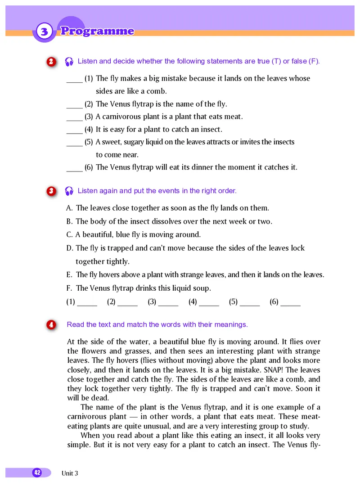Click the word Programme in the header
point(97,31)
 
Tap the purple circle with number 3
point(44,32)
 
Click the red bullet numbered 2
point(51,62)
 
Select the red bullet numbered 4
point(51,324)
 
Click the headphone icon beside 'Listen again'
point(69,191)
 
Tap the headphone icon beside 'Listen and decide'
point(69,62)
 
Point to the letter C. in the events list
point(70,234)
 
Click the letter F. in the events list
point(70,288)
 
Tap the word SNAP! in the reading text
point(257,370)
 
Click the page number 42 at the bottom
point(37,472)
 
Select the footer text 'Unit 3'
point(70,473)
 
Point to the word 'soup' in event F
point(202,288)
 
